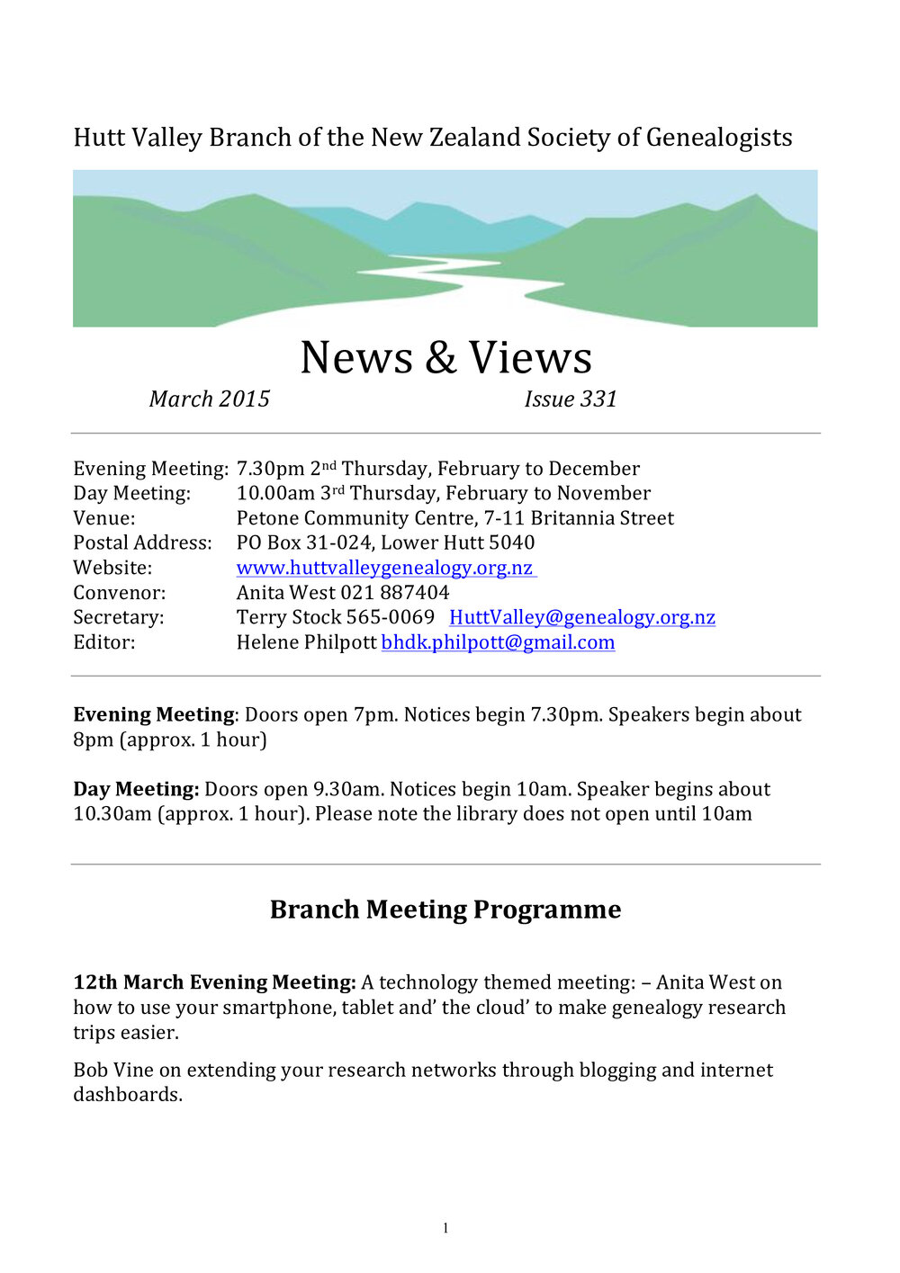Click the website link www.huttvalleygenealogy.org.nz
coord(385,569)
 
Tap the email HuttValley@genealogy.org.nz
coord(582,618)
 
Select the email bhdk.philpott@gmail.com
coord(498,643)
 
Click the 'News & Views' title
coord(445,358)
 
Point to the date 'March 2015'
coord(210,399)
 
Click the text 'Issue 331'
coord(571,399)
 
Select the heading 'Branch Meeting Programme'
coord(445,910)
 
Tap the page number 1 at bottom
coord(445,1229)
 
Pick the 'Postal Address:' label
coord(142,543)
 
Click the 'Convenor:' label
coord(119,593)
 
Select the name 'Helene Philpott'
coord(306,643)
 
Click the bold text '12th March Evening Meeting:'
coord(214,982)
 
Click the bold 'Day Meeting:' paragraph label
coord(136,790)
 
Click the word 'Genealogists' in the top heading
coord(718,138)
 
